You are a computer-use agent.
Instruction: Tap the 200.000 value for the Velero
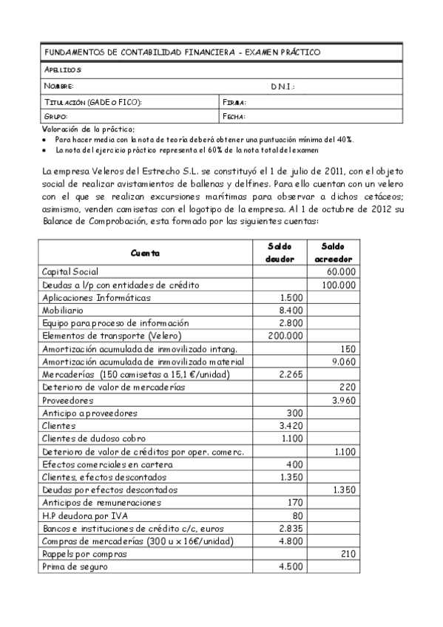click(285, 335)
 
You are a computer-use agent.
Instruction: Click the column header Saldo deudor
click(280, 251)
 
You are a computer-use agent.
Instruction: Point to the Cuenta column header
click(145, 252)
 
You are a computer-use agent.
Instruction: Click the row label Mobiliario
click(68, 310)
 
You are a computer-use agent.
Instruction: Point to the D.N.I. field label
click(283, 87)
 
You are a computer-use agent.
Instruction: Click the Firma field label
click(234, 102)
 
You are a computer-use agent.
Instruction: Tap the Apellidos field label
click(63, 70)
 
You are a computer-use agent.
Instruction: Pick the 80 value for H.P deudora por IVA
click(297, 515)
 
